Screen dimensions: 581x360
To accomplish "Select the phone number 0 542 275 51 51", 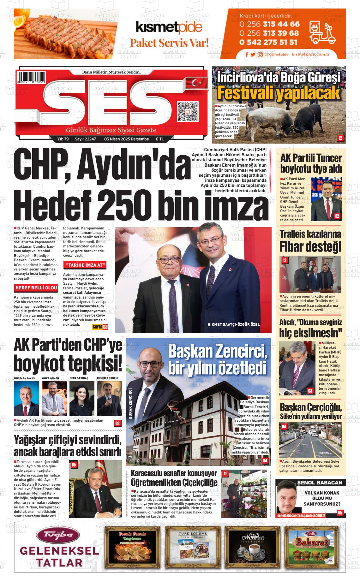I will coord(268,42).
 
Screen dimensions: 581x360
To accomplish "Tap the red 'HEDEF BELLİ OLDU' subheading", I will coord(36,288).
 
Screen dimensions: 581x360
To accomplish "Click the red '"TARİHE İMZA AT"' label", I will coord(85,265).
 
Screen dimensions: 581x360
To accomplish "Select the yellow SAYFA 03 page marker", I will coord(100,327).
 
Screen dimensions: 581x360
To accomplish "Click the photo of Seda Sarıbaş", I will coord(82,398).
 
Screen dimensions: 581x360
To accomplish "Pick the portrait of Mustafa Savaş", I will coord(26,398).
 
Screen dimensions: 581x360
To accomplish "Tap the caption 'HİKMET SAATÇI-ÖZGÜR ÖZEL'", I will coord(234,324).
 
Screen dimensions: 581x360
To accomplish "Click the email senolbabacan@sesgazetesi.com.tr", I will coord(301,515).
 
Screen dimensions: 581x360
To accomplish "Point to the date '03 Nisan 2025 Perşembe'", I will coord(126,139).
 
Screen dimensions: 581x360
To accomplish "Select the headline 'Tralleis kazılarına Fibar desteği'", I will coord(310,241).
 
